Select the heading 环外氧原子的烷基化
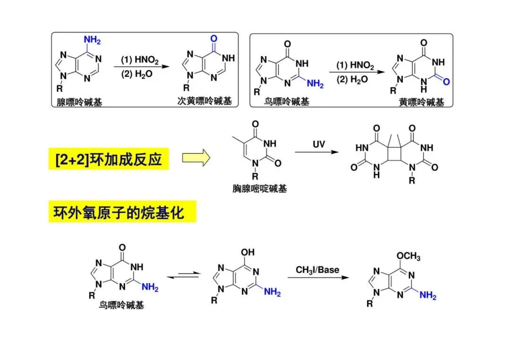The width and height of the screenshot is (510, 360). (x=122, y=213)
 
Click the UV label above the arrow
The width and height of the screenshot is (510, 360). (x=319, y=144)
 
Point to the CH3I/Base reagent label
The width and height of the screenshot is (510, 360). (x=317, y=270)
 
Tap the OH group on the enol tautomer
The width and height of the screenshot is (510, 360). (x=248, y=252)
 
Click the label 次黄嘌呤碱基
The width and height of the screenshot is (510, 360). (x=204, y=101)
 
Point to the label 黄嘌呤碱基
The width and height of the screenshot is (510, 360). (x=421, y=102)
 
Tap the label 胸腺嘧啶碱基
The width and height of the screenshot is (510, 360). (x=260, y=189)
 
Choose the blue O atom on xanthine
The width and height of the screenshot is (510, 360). (x=446, y=82)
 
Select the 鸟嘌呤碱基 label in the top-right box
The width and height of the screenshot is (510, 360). (x=287, y=101)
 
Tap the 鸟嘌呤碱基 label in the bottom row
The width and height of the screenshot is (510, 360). (x=122, y=305)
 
